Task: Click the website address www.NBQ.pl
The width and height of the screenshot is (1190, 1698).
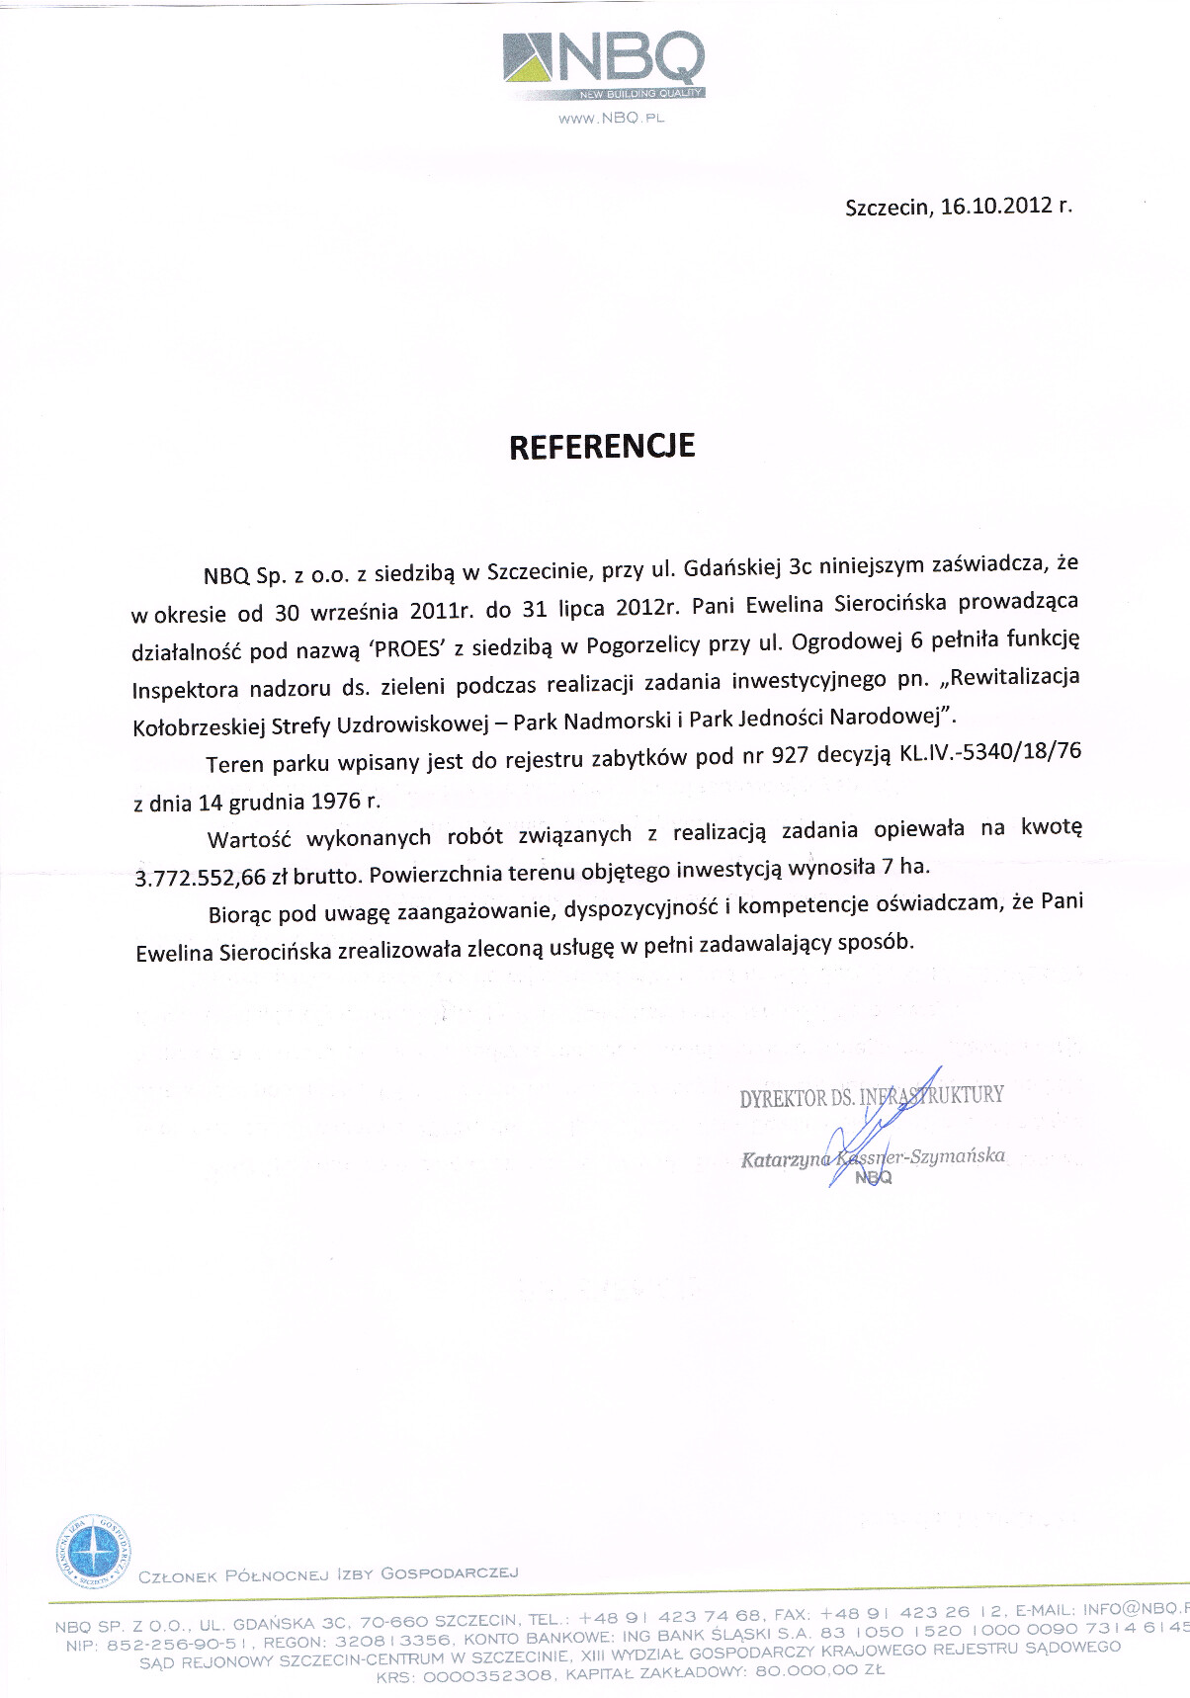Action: tap(611, 119)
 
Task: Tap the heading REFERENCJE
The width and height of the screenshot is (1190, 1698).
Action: tap(602, 447)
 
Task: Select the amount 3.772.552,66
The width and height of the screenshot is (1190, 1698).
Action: tap(201, 877)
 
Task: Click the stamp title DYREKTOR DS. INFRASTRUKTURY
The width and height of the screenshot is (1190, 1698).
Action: tap(872, 1096)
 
